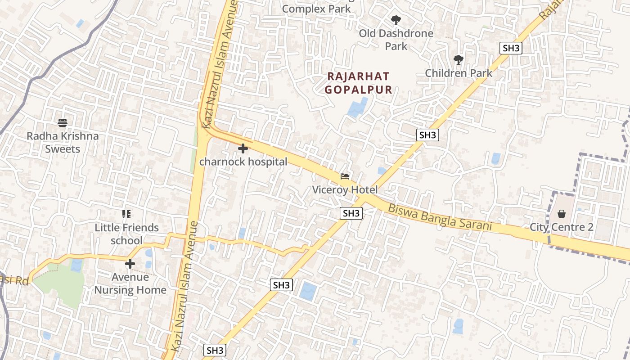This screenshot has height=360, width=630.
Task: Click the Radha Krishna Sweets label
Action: pos(63,142)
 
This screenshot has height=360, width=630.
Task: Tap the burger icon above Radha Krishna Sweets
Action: pos(63,123)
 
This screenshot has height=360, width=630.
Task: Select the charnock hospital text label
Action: pos(243,162)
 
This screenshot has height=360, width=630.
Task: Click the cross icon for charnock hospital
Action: pos(243,148)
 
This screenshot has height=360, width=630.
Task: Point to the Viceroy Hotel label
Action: pos(345,190)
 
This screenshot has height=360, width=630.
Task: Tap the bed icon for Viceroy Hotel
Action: pos(345,176)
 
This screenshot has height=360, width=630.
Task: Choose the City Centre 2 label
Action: pos(561,227)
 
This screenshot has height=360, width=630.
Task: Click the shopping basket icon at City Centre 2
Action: pos(561,213)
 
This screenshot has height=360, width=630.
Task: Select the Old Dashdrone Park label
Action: pos(396,40)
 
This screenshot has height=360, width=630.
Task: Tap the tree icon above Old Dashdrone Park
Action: pos(396,20)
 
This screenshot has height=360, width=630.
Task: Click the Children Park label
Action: pos(459,73)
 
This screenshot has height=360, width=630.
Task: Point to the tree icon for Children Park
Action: pos(458,59)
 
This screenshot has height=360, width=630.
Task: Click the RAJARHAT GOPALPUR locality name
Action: pos(358,83)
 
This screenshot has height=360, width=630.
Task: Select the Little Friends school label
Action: pos(126,234)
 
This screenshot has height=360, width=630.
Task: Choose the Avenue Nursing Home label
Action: pos(130,283)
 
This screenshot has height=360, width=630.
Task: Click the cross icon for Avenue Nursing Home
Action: pos(130,264)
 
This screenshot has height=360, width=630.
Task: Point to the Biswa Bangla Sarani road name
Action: pos(440,217)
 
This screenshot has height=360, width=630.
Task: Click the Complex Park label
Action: pos(316,9)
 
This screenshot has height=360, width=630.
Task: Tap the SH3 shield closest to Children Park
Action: pos(511,48)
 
